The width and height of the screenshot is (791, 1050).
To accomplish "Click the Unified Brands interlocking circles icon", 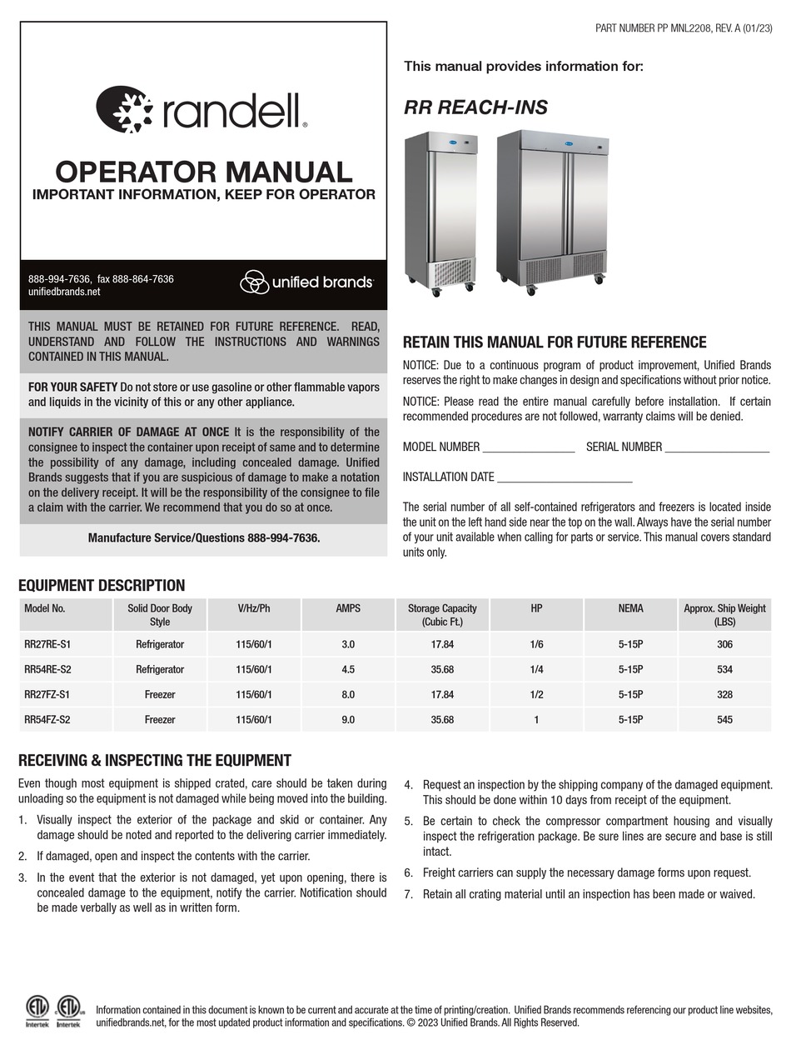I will click(254, 282).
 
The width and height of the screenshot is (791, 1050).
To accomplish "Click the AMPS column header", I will click(348, 609).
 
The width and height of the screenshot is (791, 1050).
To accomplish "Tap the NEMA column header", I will click(630, 609).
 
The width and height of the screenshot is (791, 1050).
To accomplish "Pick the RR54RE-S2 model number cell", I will click(47, 669).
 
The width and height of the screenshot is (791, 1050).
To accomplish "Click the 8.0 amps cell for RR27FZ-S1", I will click(348, 694).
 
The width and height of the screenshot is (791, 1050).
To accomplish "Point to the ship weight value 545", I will click(724, 719).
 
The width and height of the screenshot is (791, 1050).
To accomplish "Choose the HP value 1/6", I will click(536, 644).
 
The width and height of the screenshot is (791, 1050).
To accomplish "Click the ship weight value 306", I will click(724, 644).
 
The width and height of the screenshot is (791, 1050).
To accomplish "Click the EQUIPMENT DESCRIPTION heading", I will click(102, 585).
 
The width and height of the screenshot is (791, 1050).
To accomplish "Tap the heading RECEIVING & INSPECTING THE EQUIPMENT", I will click(155, 760).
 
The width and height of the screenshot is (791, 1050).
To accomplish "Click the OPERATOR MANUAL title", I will click(203, 172).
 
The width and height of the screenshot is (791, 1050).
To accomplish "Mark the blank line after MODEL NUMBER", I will click(529, 448).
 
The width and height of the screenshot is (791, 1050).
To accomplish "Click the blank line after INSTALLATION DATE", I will click(564, 478).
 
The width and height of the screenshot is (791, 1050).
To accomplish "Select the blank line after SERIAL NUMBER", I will click(717, 448).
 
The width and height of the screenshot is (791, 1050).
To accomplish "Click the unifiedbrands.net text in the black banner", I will click(64, 292).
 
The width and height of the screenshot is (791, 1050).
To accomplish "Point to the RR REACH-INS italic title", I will click(475, 107).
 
